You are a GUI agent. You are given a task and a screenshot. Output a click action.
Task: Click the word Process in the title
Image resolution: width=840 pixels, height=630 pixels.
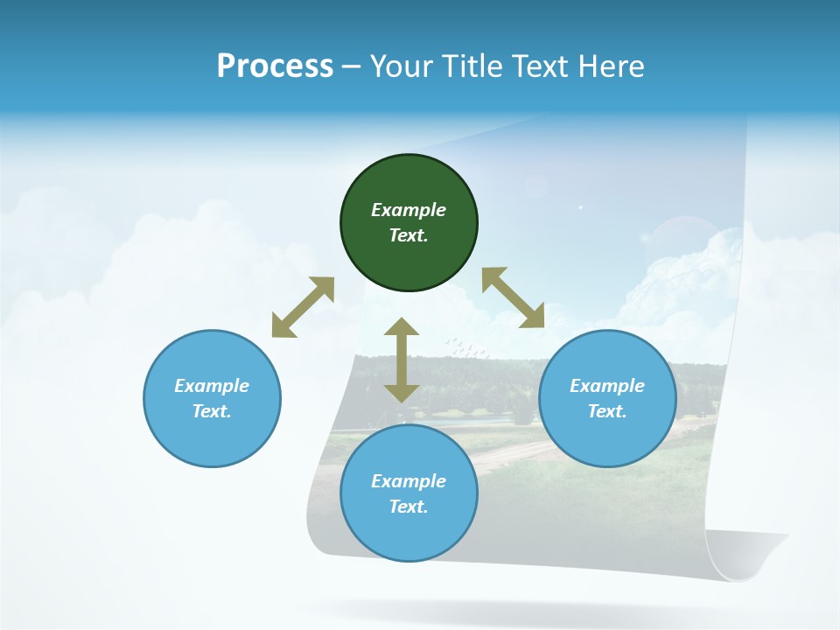point(275,66)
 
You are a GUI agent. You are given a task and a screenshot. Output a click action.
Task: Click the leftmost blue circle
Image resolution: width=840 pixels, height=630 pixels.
point(212,398)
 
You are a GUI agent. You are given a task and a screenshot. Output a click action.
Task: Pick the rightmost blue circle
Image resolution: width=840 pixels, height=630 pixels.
point(607,398)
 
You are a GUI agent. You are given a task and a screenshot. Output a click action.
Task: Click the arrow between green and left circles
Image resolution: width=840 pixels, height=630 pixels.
point(303,307)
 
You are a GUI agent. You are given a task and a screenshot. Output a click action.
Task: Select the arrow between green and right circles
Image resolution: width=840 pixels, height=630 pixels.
point(514,297)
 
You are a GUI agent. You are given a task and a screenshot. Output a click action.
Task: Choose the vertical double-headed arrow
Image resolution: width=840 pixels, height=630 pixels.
point(402,360)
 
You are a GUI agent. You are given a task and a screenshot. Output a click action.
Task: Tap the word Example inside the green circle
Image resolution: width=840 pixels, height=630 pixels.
point(409,210)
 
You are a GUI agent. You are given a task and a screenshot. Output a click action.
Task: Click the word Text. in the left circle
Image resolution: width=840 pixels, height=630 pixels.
point(212,411)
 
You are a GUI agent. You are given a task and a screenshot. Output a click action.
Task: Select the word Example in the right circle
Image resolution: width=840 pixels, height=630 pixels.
point(607,386)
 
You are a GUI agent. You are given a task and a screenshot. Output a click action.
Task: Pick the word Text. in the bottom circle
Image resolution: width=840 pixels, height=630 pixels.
point(409,507)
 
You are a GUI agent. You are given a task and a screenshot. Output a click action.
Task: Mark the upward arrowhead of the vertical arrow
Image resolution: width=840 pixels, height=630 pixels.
point(402,327)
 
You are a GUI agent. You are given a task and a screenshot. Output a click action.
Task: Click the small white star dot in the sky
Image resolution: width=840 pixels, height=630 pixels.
point(580,207)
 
